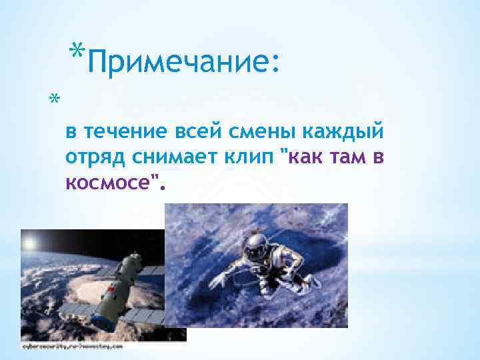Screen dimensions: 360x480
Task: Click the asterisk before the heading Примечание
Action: pyautogui.click(x=77, y=52)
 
